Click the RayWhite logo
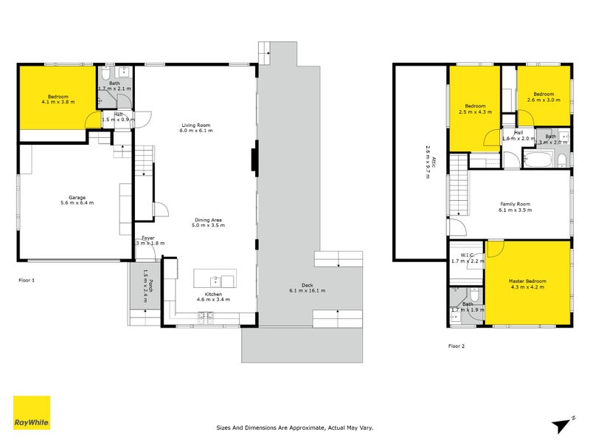click(32, 413)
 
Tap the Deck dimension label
click(306, 288)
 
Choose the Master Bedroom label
click(527, 284)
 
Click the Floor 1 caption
click(27, 281)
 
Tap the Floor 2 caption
click(457, 346)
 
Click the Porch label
click(147, 281)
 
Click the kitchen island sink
click(214, 280)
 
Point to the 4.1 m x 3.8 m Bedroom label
click(58, 100)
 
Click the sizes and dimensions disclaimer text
click(295, 427)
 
